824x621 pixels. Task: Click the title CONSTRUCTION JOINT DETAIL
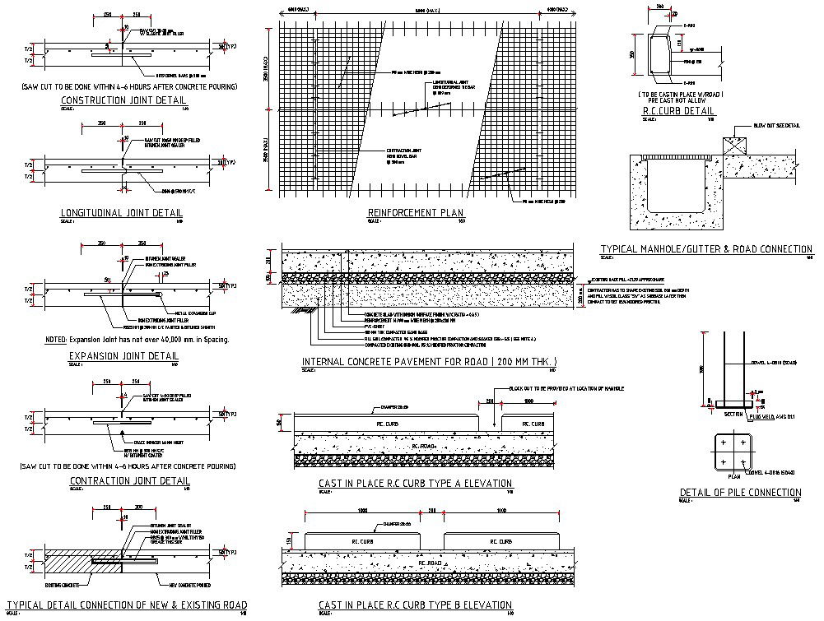[x=124, y=100]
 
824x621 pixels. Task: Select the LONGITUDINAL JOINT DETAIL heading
[x=123, y=213]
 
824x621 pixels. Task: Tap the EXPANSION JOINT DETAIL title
[x=123, y=356]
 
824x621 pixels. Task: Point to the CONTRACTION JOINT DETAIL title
[x=130, y=480]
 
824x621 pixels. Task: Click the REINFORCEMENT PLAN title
[x=416, y=213]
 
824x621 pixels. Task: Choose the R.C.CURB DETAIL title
[x=677, y=110]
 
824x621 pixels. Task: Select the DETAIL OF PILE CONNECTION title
[x=740, y=493]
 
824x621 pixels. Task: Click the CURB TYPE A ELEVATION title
[x=415, y=484]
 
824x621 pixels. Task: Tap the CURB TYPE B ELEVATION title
[x=415, y=605]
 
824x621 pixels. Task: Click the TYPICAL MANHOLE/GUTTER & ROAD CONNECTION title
[x=706, y=249]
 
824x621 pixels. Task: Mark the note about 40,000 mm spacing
[x=137, y=339]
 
